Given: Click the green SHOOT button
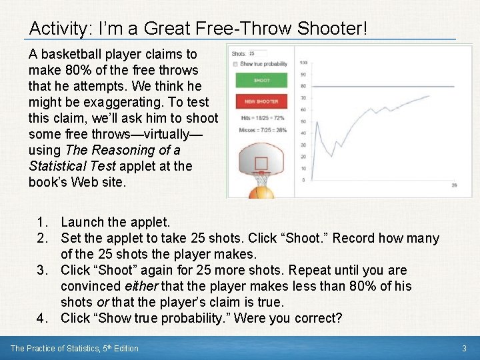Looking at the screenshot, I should coord(261,81).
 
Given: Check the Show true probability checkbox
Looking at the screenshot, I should coord(235,64).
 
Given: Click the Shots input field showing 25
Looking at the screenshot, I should coord(257,53).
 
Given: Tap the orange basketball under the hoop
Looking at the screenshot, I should coord(261,193).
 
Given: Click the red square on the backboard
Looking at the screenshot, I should coord(261,164).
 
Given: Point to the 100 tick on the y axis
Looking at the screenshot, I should coord(303,63).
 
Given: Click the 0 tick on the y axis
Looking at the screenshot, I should coord(304,179).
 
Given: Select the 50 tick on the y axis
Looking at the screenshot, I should coord(303,121).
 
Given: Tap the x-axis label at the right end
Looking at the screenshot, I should coord(454,185).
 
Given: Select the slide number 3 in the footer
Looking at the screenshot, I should coord(464,348).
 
